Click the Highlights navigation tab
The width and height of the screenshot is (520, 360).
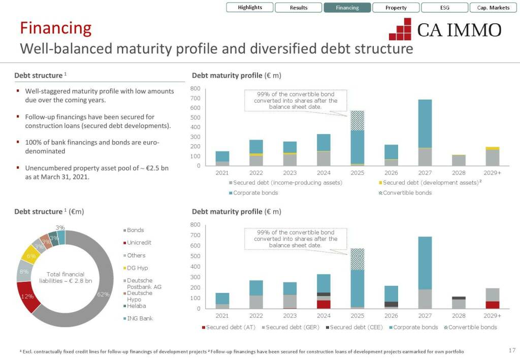(250, 8)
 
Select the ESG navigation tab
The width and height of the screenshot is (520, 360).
(445, 8)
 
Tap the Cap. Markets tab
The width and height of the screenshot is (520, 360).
(493, 8)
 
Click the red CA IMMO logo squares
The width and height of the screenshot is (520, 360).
(400, 29)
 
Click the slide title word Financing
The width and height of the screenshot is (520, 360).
(55, 28)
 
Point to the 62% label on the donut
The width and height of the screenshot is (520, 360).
(104, 294)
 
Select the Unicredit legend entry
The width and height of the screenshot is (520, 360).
(139, 243)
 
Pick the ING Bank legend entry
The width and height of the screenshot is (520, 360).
(140, 318)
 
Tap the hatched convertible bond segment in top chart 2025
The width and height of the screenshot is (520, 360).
(357, 121)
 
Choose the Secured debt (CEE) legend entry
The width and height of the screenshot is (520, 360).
(355, 328)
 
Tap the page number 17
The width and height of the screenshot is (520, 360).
(511, 350)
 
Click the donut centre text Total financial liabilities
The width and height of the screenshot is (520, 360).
(65, 277)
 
